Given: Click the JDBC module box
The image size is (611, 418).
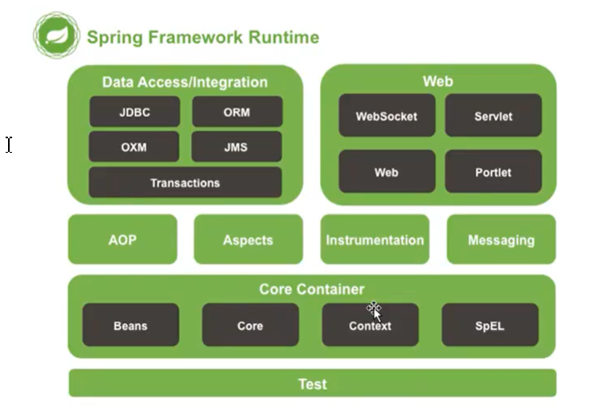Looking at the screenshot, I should pyautogui.click(x=134, y=112).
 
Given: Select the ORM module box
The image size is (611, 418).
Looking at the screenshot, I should pyautogui.click(x=237, y=112).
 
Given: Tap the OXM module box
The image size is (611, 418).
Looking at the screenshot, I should pyautogui.click(x=134, y=147).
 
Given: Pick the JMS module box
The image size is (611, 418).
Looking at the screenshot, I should pyautogui.click(x=236, y=147).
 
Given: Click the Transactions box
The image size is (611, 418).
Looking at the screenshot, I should pyautogui.click(x=185, y=182).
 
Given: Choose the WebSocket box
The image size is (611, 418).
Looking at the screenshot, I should pyautogui.click(x=387, y=116).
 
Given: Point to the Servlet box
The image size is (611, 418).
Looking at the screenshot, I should pyautogui.click(x=493, y=116).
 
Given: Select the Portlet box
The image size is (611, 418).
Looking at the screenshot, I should pyautogui.click(x=493, y=171).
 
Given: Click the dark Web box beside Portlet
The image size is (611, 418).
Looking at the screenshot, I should pyautogui.click(x=387, y=171).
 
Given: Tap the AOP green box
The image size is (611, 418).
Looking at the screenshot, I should pyautogui.click(x=122, y=240).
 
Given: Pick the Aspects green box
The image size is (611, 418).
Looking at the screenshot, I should pyautogui.click(x=248, y=240).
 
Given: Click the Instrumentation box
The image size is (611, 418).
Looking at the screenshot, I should pyautogui.click(x=375, y=240).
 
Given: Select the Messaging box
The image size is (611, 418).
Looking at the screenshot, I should pyautogui.click(x=501, y=240).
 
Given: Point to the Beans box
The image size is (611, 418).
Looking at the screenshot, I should pyautogui.click(x=130, y=326).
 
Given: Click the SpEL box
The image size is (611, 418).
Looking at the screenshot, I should pyautogui.click(x=490, y=326).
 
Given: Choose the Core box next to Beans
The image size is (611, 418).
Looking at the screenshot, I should pyautogui.click(x=250, y=326).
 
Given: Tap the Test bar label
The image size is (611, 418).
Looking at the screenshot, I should pyautogui.click(x=312, y=383).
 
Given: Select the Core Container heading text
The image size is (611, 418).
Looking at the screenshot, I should pyautogui.click(x=312, y=289).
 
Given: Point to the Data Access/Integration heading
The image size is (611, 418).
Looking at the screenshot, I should pyautogui.click(x=185, y=82).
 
